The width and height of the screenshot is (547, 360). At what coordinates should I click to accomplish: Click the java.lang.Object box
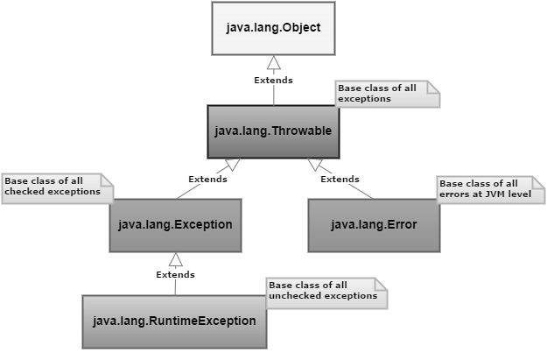point(273,28)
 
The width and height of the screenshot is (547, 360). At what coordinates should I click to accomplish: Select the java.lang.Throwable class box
point(272,131)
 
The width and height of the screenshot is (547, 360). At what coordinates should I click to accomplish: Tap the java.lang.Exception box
point(175,225)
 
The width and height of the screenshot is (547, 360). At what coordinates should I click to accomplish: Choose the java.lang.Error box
point(374,225)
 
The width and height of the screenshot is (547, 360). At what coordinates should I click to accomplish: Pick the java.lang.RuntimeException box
point(174,321)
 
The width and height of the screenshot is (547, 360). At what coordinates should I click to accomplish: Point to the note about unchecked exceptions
point(326,292)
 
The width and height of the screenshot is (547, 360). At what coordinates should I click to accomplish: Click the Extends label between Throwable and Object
point(273,81)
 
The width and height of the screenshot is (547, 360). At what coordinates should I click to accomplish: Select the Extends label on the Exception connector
point(207,180)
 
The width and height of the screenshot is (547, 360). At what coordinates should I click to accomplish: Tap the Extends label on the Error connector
point(340,180)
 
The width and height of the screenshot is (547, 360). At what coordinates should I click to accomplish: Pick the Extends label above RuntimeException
point(175,274)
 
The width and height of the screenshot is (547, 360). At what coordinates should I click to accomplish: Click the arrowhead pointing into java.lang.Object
point(274,62)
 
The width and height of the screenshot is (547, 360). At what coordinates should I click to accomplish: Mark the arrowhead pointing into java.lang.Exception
point(175,259)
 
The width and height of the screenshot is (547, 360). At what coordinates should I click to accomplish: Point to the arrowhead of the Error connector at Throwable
point(316,164)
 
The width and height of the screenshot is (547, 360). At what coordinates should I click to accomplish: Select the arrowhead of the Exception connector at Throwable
point(232,164)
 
